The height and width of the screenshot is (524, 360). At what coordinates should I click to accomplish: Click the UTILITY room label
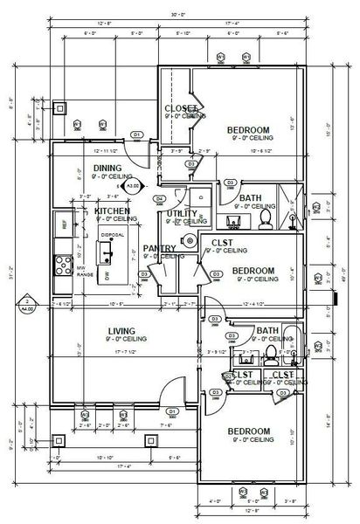tap(182, 213)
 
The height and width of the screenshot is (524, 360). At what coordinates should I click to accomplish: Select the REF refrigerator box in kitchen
tap(64, 224)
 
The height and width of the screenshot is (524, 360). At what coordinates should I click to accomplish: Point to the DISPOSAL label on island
tap(112, 235)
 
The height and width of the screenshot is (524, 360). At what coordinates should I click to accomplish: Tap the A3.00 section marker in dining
tap(133, 186)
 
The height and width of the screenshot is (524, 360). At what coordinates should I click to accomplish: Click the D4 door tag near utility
tap(160, 198)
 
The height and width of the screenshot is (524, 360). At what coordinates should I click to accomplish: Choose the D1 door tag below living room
tap(172, 410)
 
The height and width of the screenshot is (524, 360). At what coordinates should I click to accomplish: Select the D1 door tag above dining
tap(136, 134)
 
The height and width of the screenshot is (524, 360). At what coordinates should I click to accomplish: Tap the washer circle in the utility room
tap(189, 240)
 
